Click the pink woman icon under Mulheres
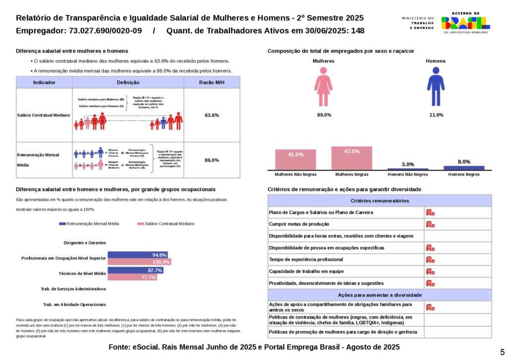pos(323,87)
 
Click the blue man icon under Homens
pos(436,87)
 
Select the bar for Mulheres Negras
pos(351,158)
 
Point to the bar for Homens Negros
pos(464,168)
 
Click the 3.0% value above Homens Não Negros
pos(408,164)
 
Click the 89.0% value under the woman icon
pos(324,115)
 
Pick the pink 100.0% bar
pos(139,262)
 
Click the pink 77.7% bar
pos(132,277)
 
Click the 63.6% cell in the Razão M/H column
pos(212,115)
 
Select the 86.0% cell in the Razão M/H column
pos(212,160)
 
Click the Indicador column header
pos(44,82)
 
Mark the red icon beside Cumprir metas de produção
pos(430,224)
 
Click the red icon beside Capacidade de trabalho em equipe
pos(430,272)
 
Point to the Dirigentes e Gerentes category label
pos(85,243)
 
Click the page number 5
pos(502,351)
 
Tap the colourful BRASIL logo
pos(465,23)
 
